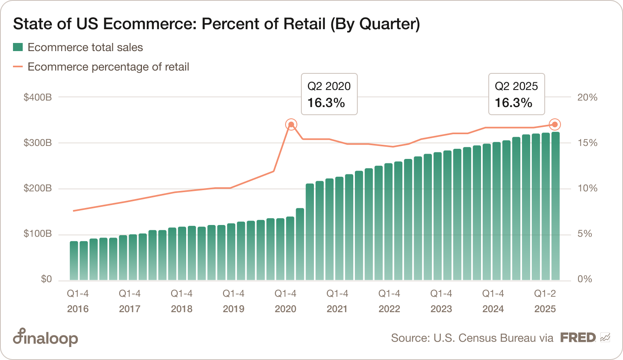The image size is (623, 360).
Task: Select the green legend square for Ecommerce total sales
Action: [17, 47]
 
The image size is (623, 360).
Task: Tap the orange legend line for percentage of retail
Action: [17, 66]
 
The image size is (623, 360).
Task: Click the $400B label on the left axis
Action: [38, 97]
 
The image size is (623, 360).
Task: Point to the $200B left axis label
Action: [38, 188]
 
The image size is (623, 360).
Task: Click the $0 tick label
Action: [46, 279]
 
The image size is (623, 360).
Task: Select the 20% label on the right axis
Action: [587, 97]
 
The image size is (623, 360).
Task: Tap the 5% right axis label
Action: [584, 234]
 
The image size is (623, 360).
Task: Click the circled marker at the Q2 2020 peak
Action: [291, 124]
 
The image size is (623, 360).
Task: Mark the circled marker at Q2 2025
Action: [555, 124]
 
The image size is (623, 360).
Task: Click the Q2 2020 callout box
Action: [329, 94]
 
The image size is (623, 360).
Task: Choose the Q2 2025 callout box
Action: [516, 94]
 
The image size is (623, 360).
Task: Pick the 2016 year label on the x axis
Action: [78, 309]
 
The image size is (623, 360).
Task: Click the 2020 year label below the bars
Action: [286, 309]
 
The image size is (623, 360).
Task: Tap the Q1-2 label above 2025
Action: [545, 294]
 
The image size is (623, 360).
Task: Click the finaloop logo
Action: [45, 337]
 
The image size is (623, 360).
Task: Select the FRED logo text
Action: [578, 337]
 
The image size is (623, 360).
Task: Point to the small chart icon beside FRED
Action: [605, 337]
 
